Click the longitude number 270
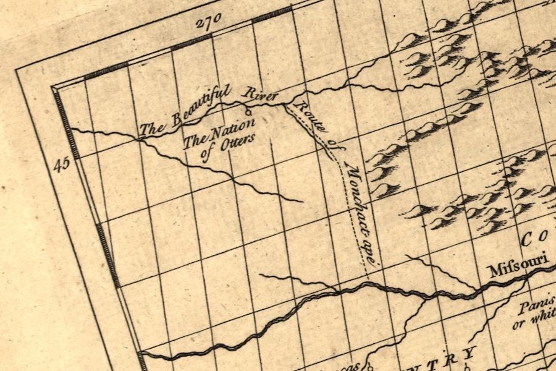pos(208,23)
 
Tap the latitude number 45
pos(62,164)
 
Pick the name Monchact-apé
pos(361,208)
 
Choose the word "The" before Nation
pos(196,140)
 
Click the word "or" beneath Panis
pos(519,323)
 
